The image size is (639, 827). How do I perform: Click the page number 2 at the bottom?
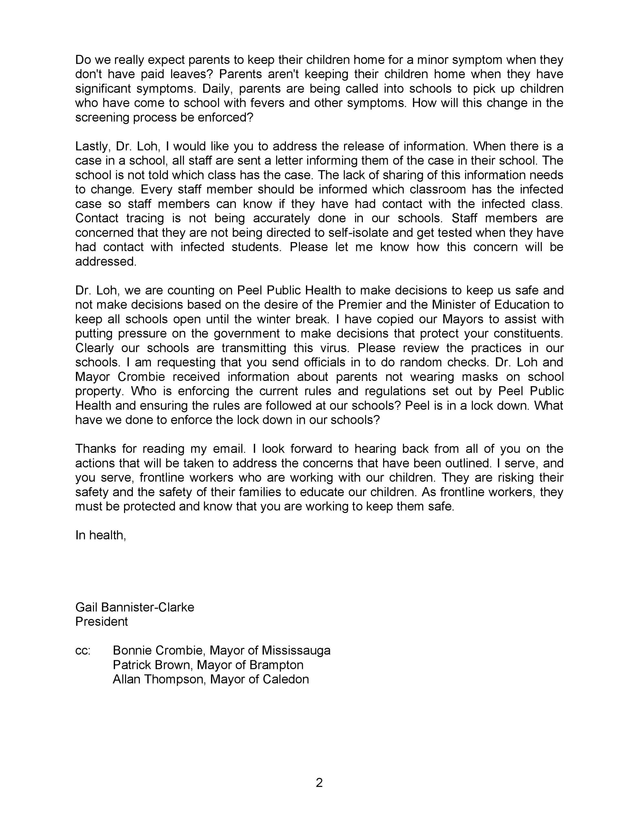[319, 783]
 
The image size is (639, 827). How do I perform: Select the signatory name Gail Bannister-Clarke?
[134, 607]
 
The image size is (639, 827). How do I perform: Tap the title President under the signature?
[101, 622]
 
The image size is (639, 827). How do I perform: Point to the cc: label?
[83, 651]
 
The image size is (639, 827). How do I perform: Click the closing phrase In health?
[100, 535]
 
